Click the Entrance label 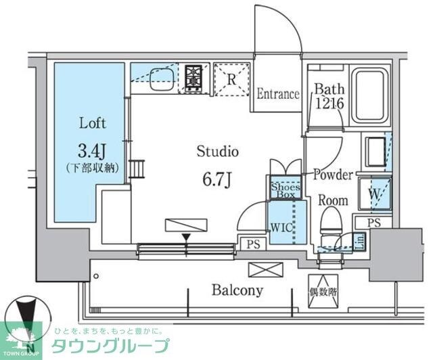click(x=277, y=94)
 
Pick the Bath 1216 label click(x=329, y=96)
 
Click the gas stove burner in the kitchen click(x=193, y=77)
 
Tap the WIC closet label click(x=283, y=227)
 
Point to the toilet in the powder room click(x=331, y=223)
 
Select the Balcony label click(x=237, y=290)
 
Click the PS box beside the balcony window click(x=251, y=244)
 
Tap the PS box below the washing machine click(x=373, y=223)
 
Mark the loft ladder click(x=138, y=167)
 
